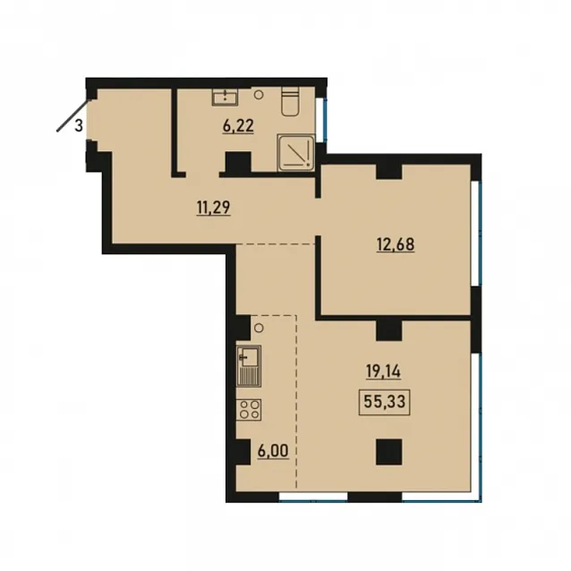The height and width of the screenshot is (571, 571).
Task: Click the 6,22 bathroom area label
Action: click(238, 126)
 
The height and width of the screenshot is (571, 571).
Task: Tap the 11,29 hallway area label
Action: click(213, 208)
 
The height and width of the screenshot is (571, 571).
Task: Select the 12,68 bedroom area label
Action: click(396, 244)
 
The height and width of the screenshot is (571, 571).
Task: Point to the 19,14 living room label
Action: click(383, 371)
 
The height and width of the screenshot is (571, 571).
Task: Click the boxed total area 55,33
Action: click(385, 402)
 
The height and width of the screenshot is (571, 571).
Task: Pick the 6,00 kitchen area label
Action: click(273, 451)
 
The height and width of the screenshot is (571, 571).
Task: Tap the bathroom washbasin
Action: click(225, 97)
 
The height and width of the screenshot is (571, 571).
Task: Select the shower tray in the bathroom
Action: click(295, 152)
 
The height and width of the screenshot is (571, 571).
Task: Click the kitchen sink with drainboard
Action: click(249, 366)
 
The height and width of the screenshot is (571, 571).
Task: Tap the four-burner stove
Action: click(249, 410)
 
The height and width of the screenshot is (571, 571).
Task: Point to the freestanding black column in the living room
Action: click(389, 452)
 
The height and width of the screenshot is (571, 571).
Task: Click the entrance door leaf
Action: click(72, 115)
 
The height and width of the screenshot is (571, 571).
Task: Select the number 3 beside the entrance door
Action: click(79, 126)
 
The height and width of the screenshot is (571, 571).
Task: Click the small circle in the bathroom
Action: click(259, 95)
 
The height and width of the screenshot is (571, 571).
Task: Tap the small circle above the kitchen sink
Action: click(259, 328)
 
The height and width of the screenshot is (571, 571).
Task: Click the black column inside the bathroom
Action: click(238, 163)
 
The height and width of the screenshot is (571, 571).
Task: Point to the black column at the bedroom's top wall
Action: click(389, 172)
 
